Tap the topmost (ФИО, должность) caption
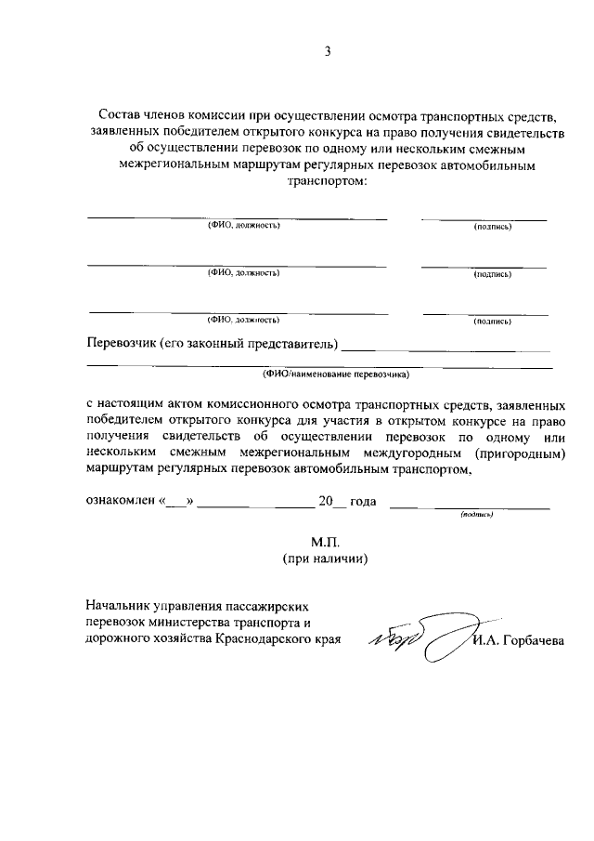tap(243, 226)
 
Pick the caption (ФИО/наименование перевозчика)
tap(334, 375)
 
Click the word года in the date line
tap(363, 502)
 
